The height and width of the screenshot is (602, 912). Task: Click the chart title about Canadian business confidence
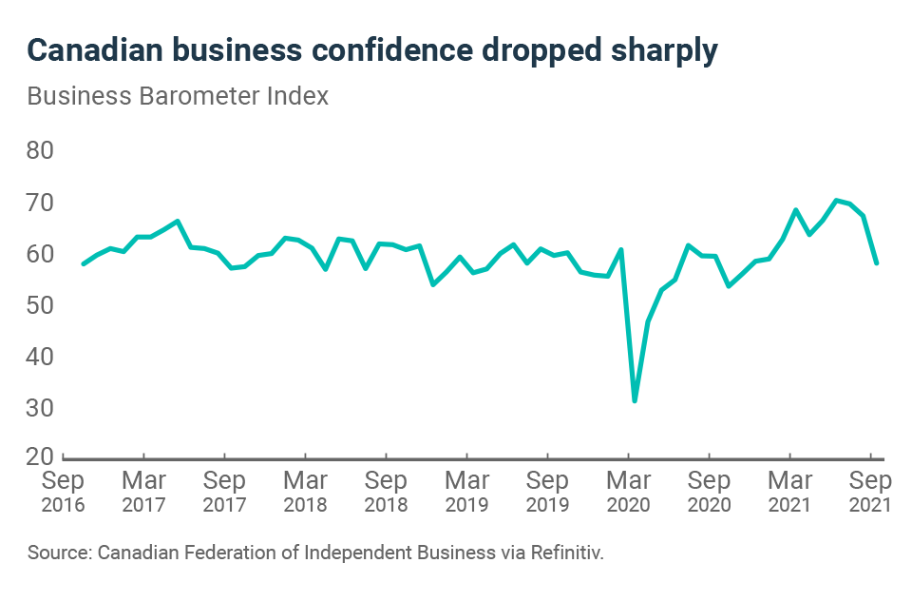pos(371,51)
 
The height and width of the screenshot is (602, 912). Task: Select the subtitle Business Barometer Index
pos(178,97)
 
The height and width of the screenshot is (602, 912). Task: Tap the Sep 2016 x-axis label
pos(63,491)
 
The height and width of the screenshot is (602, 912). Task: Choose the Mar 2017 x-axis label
pos(143,491)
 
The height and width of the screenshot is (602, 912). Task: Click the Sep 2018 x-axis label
pos(386,491)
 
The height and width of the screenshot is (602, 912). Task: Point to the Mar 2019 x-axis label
pos(466,491)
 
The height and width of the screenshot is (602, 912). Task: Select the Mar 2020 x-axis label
pos(628,491)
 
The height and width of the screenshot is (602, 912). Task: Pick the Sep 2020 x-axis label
pos(709,491)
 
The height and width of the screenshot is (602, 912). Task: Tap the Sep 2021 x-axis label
pos(870,491)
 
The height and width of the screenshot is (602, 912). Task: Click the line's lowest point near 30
pos(635,400)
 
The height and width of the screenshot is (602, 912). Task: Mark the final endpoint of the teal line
pos(876,263)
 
